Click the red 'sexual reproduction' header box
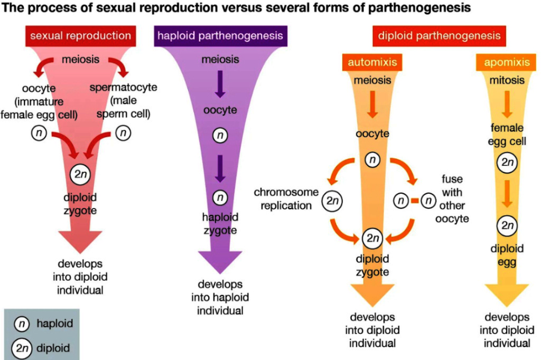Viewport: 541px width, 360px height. click(80, 36)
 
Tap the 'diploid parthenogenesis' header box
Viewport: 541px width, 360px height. click(439, 36)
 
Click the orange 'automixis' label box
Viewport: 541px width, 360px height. click(372, 62)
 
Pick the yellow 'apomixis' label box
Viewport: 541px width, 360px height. click(506, 62)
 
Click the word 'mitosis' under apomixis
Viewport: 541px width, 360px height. click(507, 80)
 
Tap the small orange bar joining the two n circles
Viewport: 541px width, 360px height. click(415, 201)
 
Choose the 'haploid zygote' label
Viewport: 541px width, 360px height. click(220, 223)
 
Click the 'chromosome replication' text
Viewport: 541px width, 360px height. click(286, 198)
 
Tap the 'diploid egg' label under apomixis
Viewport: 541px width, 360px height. click(507, 255)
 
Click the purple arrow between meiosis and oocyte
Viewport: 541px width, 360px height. click(220, 84)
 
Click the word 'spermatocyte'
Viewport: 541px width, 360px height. click(123, 87)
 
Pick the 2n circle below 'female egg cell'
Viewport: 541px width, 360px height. click(507, 163)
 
